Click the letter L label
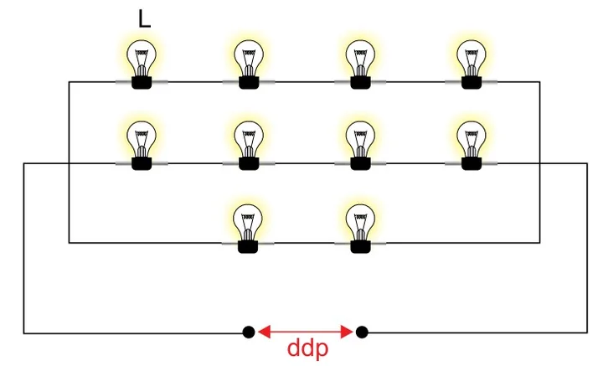(144, 19)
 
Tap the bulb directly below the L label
(142, 64)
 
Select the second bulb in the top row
(249, 64)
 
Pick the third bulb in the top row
(360, 64)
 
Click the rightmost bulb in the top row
(472, 64)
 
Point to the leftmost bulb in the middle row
(142, 146)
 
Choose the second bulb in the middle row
(249, 146)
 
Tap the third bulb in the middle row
(360, 146)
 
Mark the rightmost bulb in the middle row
(472, 146)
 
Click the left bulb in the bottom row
(248, 229)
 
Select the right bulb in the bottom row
(360, 229)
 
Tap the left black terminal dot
(249, 332)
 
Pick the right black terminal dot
(362, 332)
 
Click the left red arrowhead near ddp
(264, 332)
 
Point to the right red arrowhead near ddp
(347, 332)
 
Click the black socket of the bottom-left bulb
(248, 246)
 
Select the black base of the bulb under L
(142, 82)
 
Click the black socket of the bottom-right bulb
(360, 246)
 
